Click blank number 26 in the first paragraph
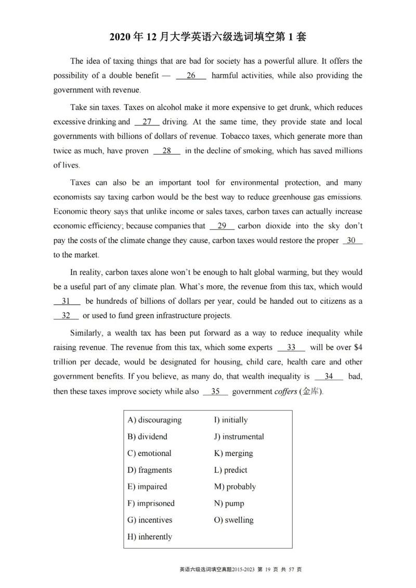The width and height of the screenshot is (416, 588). coord(191,76)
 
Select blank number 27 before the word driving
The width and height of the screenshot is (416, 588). coord(147,122)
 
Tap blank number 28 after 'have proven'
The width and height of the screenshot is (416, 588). coord(167,151)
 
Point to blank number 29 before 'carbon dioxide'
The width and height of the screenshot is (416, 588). coord(222,226)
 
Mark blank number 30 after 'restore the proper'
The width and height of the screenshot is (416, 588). coord(352,241)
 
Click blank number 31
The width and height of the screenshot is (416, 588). coord(66,301)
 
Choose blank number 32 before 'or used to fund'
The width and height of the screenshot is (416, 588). coord(66,316)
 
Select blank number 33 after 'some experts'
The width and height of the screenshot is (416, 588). coord(291,348)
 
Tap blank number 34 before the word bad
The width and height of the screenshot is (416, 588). coord(329,377)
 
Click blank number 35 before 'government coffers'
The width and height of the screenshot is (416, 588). coord(215,392)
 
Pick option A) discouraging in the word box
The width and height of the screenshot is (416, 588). coord(154,420)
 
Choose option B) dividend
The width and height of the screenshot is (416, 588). coord(147,437)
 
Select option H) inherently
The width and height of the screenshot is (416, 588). coord(150,537)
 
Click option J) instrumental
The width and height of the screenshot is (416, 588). coord(239,437)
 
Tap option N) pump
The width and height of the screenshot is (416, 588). coord(229,503)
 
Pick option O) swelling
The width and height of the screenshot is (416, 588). coord(233,520)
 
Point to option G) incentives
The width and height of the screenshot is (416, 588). coord(150,520)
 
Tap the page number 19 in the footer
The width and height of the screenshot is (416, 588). coord(268,569)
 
